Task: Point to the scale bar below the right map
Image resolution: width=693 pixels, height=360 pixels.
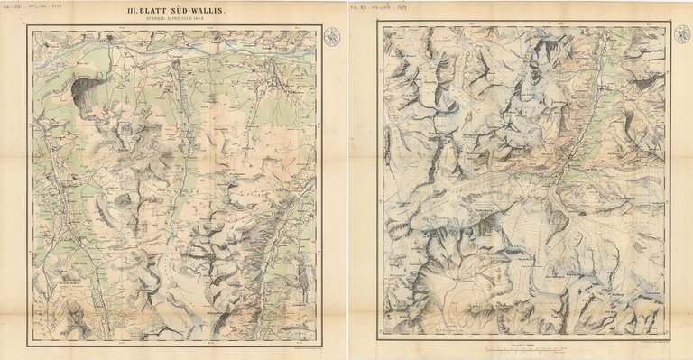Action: (522, 347)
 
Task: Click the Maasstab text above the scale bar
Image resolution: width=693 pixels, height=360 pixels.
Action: (522, 341)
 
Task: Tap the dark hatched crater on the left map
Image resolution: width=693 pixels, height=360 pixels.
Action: (87, 90)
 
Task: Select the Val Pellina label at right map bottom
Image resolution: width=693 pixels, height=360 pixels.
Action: (447, 331)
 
